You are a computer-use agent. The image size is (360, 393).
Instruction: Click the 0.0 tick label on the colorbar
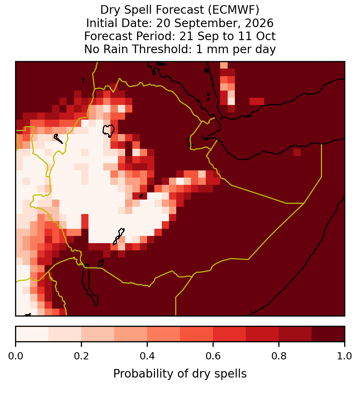coord(16,356)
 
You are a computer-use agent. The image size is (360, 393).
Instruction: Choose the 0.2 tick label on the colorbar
coord(81,356)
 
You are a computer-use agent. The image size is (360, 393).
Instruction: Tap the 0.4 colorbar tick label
coord(147,356)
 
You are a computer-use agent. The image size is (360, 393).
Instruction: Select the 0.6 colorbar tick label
coord(213,356)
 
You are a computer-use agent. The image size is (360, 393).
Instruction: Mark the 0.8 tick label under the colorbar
coord(279,356)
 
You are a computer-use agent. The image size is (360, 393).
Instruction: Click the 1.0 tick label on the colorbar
coord(345,356)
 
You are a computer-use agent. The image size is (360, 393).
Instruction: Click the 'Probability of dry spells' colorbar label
coord(180,374)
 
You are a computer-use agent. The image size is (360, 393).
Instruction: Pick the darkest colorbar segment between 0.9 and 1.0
coord(328,334)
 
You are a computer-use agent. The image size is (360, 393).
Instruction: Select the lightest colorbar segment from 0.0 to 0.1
coord(32,334)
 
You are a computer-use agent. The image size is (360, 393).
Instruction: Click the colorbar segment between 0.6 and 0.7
coord(229,334)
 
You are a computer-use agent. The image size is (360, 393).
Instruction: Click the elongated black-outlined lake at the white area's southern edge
coord(119,236)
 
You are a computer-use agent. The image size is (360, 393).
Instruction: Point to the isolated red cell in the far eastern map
coord(297,152)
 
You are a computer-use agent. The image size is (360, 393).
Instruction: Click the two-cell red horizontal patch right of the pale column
coord(257,101)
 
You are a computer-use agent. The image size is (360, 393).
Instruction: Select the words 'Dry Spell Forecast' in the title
coord(152,10)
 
